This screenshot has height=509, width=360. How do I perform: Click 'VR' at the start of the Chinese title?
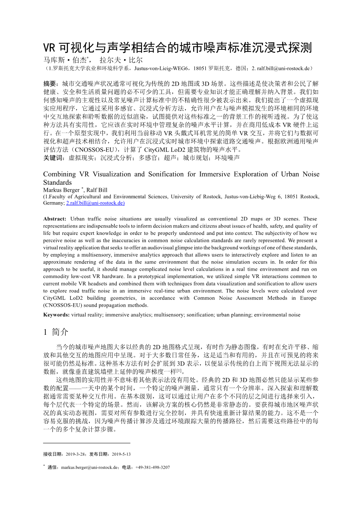(49, 48)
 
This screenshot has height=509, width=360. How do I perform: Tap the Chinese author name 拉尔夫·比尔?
(121, 60)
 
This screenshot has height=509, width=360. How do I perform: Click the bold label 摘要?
(50, 84)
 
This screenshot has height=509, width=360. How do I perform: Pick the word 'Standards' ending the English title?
(58, 182)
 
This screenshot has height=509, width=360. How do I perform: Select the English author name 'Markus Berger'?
(61, 190)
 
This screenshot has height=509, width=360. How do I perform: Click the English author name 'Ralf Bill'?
(97, 190)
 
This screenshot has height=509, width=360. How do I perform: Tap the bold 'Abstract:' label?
(55, 219)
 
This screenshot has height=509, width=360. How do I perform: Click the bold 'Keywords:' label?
(56, 315)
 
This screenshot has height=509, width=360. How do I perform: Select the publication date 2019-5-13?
(121, 454)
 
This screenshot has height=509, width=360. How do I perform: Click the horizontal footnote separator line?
(87, 443)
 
